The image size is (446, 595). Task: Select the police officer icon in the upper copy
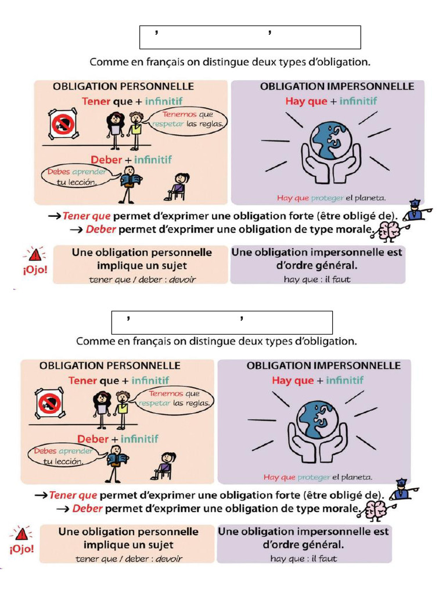point(415,211)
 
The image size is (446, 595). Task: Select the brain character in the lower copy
point(375,510)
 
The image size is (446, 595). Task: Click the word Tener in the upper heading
point(96,101)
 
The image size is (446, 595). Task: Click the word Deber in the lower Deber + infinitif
point(93,439)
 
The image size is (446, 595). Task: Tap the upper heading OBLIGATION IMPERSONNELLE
point(337,87)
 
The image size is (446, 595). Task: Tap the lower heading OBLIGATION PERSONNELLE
point(110,366)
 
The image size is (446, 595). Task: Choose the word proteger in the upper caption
point(328,198)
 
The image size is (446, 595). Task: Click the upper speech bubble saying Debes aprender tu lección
point(69,177)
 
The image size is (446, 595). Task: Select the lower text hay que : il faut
point(303,559)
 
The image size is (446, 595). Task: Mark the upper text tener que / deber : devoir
point(142,279)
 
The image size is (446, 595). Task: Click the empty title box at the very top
point(250,37)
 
